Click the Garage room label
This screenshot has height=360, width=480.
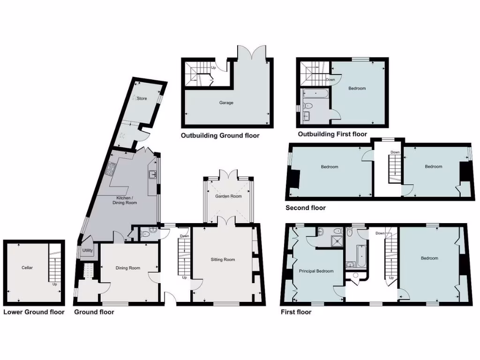(x=226, y=103)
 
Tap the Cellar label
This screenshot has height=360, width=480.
(x=27, y=268)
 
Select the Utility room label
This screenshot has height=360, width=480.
(x=88, y=251)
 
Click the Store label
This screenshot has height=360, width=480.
(x=142, y=98)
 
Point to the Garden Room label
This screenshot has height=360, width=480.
(x=228, y=196)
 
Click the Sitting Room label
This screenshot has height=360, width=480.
(x=223, y=259)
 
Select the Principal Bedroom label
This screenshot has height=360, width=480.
(x=316, y=271)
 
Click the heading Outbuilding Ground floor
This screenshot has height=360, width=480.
(x=220, y=136)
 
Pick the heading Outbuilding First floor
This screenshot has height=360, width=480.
(x=332, y=135)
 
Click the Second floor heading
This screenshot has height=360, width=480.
(x=305, y=208)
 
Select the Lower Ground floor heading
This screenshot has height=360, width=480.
(x=34, y=312)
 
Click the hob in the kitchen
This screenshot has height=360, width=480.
(x=112, y=168)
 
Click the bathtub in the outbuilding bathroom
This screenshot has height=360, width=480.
(x=316, y=94)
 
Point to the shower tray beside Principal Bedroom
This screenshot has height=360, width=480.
(x=336, y=240)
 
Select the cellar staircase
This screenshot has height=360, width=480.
(x=55, y=268)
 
